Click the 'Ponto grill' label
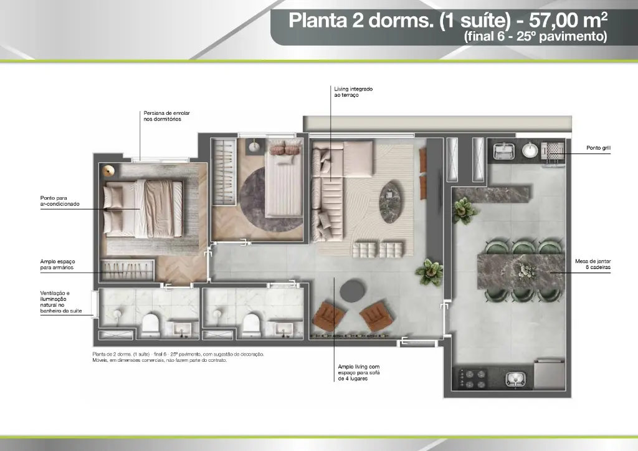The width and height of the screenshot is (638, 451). (x=598, y=148)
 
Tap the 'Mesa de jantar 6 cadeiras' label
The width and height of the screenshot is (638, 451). (x=593, y=264)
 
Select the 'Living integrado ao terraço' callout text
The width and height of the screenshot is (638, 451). (x=353, y=92)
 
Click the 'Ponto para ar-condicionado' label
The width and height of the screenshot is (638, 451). (x=60, y=201)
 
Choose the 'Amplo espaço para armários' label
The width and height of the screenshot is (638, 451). (x=57, y=264)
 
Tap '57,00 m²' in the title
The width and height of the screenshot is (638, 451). (x=568, y=20)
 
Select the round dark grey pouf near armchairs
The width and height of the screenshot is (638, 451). (x=353, y=291)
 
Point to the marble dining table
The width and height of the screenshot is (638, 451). (x=521, y=271)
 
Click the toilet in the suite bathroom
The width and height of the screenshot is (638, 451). (x=150, y=324)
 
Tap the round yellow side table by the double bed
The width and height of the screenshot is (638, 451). (x=108, y=171)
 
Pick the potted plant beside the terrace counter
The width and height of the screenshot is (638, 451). (x=464, y=210)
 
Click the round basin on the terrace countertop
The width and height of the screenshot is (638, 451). (x=530, y=150)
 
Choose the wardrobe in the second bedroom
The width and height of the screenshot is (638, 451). (x=224, y=172)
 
